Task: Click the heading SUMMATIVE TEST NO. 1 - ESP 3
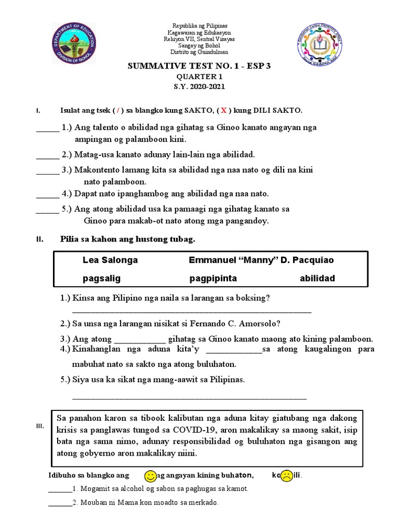click(199, 67)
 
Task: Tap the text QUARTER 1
click(199, 77)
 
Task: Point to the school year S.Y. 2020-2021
click(199, 87)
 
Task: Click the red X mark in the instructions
click(224, 111)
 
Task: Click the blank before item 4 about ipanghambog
click(47, 195)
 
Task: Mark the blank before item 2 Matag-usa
click(47, 155)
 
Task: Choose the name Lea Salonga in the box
click(110, 260)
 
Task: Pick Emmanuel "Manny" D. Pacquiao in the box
click(261, 260)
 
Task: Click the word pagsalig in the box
click(101, 278)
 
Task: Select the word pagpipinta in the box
click(213, 278)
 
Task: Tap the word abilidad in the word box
click(317, 278)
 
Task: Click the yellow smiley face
click(150, 475)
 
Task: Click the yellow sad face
click(286, 476)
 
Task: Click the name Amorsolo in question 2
click(250, 323)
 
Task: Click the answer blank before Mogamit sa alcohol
click(60, 489)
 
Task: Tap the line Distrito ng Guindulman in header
click(199, 52)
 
